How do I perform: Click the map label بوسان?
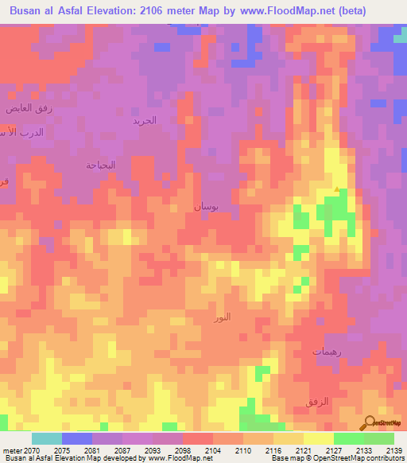click(x=205, y=206)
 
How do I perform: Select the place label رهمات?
click(x=326, y=351)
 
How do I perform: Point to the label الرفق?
click(x=318, y=402)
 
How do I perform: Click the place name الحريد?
click(x=145, y=120)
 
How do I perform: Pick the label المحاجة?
click(x=101, y=165)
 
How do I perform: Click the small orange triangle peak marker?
click(x=337, y=189)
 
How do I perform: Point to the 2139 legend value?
click(x=393, y=450)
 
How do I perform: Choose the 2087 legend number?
click(x=122, y=450)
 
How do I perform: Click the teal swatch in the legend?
click(x=46, y=438)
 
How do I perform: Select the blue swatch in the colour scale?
click(x=76, y=438)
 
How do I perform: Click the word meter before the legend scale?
click(x=11, y=450)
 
